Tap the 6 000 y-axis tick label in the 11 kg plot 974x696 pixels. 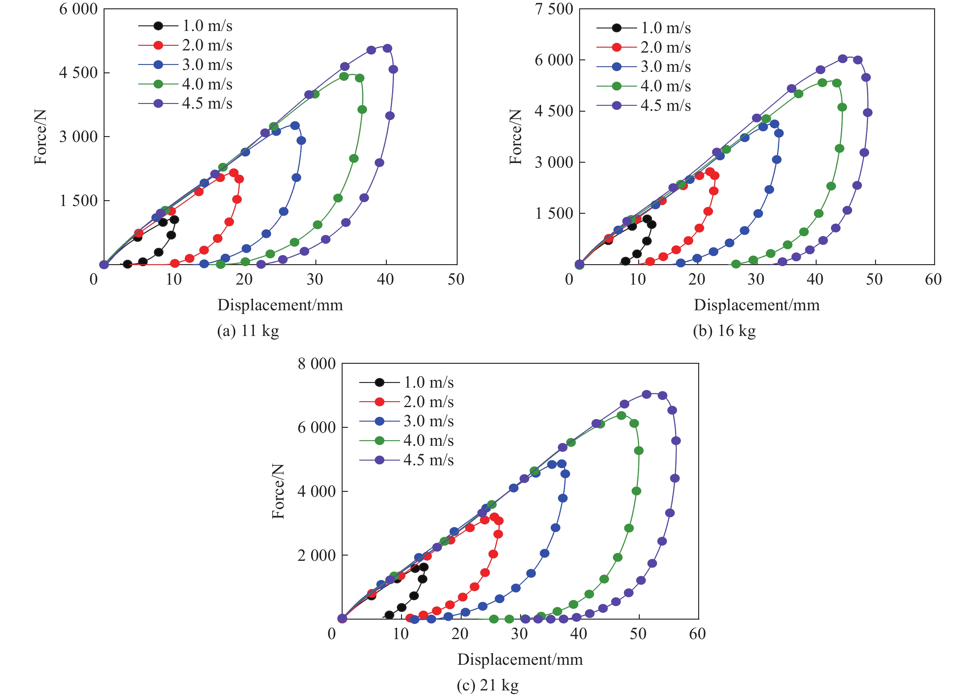tap(78, 9)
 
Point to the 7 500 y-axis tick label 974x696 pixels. tap(554, 9)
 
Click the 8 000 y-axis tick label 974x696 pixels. tap(317, 364)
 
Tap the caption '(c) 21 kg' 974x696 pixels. tap(487, 685)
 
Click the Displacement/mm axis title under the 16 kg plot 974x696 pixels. tap(756, 305)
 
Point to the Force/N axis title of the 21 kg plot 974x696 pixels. tap(278, 491)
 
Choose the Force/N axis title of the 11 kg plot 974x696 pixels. tap(41, 137)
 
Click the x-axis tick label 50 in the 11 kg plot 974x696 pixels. tap(456, 279)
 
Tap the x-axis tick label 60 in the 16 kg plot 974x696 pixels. tap(933, 279)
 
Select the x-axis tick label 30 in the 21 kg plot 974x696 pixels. tap(519, 634)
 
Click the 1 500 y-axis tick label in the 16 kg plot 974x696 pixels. tap(554, 213)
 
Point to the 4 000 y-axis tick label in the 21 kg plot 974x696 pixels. tap(317, 491)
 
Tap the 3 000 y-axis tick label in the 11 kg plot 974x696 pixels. tap(78, 137)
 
